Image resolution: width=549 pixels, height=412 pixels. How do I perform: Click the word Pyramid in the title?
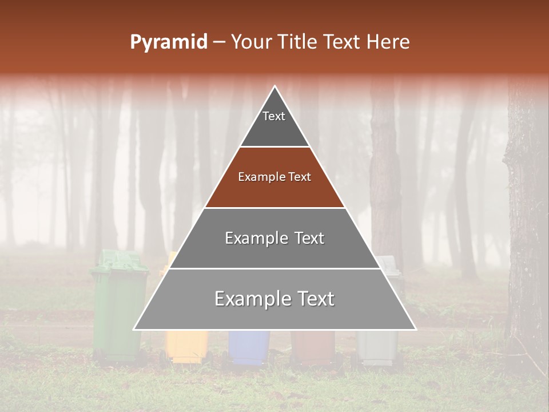click(168, 42)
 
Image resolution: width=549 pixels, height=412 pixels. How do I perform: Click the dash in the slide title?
click(219, 42)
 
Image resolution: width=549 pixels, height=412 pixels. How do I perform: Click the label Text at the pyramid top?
click(274, 116)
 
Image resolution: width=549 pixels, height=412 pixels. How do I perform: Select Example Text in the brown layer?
click(274, 177)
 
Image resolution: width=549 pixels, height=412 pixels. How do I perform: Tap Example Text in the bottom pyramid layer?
click(274, 299)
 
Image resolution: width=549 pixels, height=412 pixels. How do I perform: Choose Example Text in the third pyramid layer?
click(274, 238)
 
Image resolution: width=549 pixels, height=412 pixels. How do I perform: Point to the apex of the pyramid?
click(275, 86)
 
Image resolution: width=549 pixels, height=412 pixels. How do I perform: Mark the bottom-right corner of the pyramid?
click(415, 329)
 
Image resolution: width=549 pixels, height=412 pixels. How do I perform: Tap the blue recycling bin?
click(249, 346)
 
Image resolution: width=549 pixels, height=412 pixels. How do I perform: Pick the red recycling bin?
click(312, 347)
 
